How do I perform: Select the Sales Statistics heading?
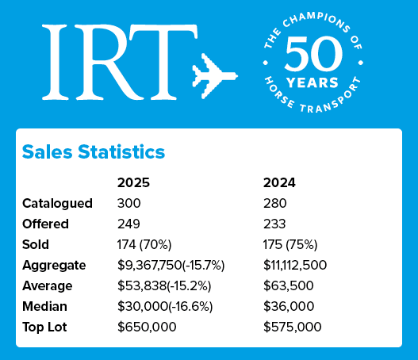coord(94,151)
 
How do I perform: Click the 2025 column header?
coord(133,182)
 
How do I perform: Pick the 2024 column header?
coord(280,182)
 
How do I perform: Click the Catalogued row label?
coord(57,203)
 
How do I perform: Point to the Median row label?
coord(46,305)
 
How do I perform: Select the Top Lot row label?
coord(48,326)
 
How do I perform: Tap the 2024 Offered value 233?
coord(275,224)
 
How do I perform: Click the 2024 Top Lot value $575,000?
coord(293,326)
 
